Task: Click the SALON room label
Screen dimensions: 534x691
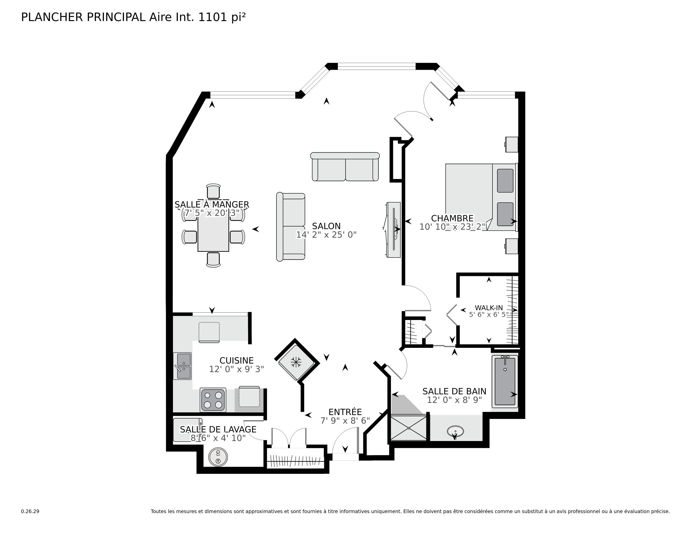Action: pos(326,226)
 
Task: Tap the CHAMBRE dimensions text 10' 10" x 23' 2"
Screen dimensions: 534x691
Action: pos(452,227)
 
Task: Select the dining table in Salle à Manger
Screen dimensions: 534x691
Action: pos(213,234)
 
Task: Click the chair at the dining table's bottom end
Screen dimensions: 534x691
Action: pos(213,259)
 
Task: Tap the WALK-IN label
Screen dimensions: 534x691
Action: pos(489,308)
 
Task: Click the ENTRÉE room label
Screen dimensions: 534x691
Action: pos(345,412)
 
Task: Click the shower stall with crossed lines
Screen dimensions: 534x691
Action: pos(409,428)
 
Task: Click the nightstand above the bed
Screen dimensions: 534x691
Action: pos(511,144)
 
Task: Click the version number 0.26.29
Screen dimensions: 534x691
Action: pos(30,511)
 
